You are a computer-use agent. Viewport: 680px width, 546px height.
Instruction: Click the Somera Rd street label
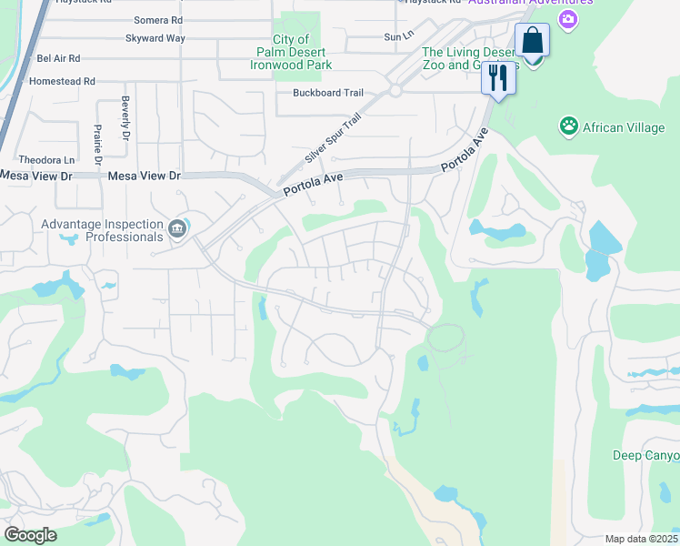157,19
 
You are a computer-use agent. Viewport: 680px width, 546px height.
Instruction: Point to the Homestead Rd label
64,81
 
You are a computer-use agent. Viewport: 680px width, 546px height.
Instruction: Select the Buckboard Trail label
328,93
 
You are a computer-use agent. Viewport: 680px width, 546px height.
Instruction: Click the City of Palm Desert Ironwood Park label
293,52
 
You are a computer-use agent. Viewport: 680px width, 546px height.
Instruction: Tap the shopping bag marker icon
532,42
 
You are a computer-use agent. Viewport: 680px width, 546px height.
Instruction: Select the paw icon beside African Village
569,126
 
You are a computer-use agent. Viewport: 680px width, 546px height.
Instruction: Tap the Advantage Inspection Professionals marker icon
177,227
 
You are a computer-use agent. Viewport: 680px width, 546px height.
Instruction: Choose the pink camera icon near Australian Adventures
568,19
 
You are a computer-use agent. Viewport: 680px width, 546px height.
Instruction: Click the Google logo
30,535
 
